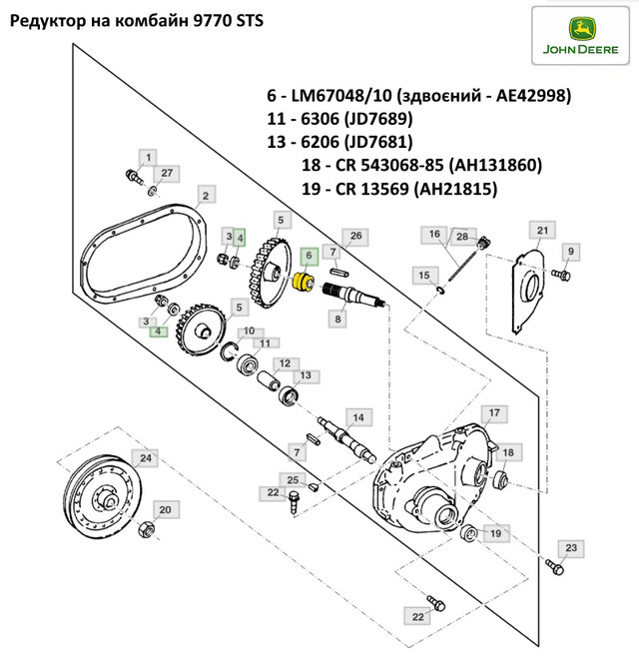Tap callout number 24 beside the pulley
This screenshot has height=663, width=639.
(147, 458)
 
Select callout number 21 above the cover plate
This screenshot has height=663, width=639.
(542, 232)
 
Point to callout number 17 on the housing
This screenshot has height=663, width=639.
(491, 412)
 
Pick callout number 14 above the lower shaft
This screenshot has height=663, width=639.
(357, 416)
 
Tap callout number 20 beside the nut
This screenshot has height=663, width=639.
(167, 510)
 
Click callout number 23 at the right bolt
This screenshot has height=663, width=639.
(570, 548)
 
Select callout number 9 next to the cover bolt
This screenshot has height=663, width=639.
(571, 250)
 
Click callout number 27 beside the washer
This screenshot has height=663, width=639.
(167, 173)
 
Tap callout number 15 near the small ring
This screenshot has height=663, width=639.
(423, 275)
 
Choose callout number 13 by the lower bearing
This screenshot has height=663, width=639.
(306, 375)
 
